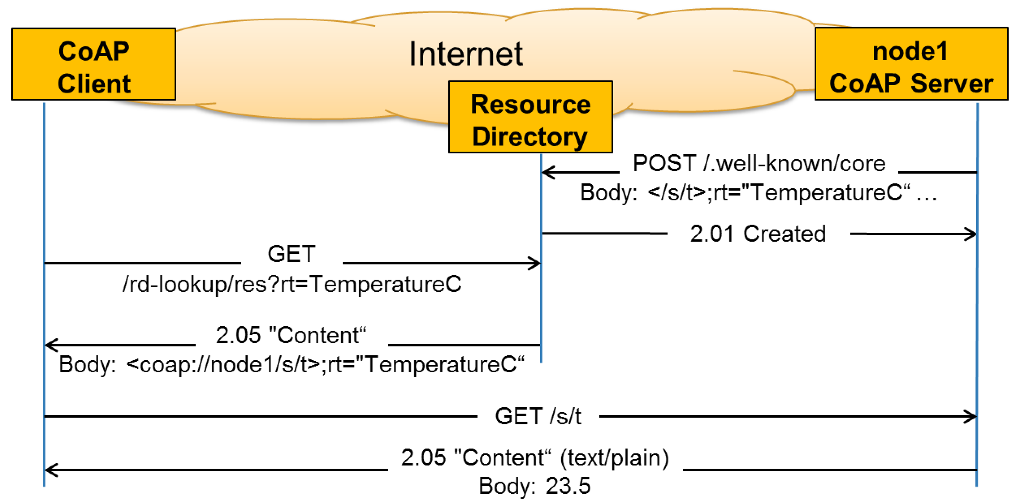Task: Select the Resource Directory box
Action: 530,117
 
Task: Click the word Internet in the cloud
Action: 466,54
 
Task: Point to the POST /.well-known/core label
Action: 758,163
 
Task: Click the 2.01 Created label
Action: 758,234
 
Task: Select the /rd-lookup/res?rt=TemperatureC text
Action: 292,284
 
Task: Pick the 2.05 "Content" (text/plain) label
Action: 535,458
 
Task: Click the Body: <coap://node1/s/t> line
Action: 291,364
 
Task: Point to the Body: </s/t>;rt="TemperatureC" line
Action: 758,193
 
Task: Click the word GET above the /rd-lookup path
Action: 291,253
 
